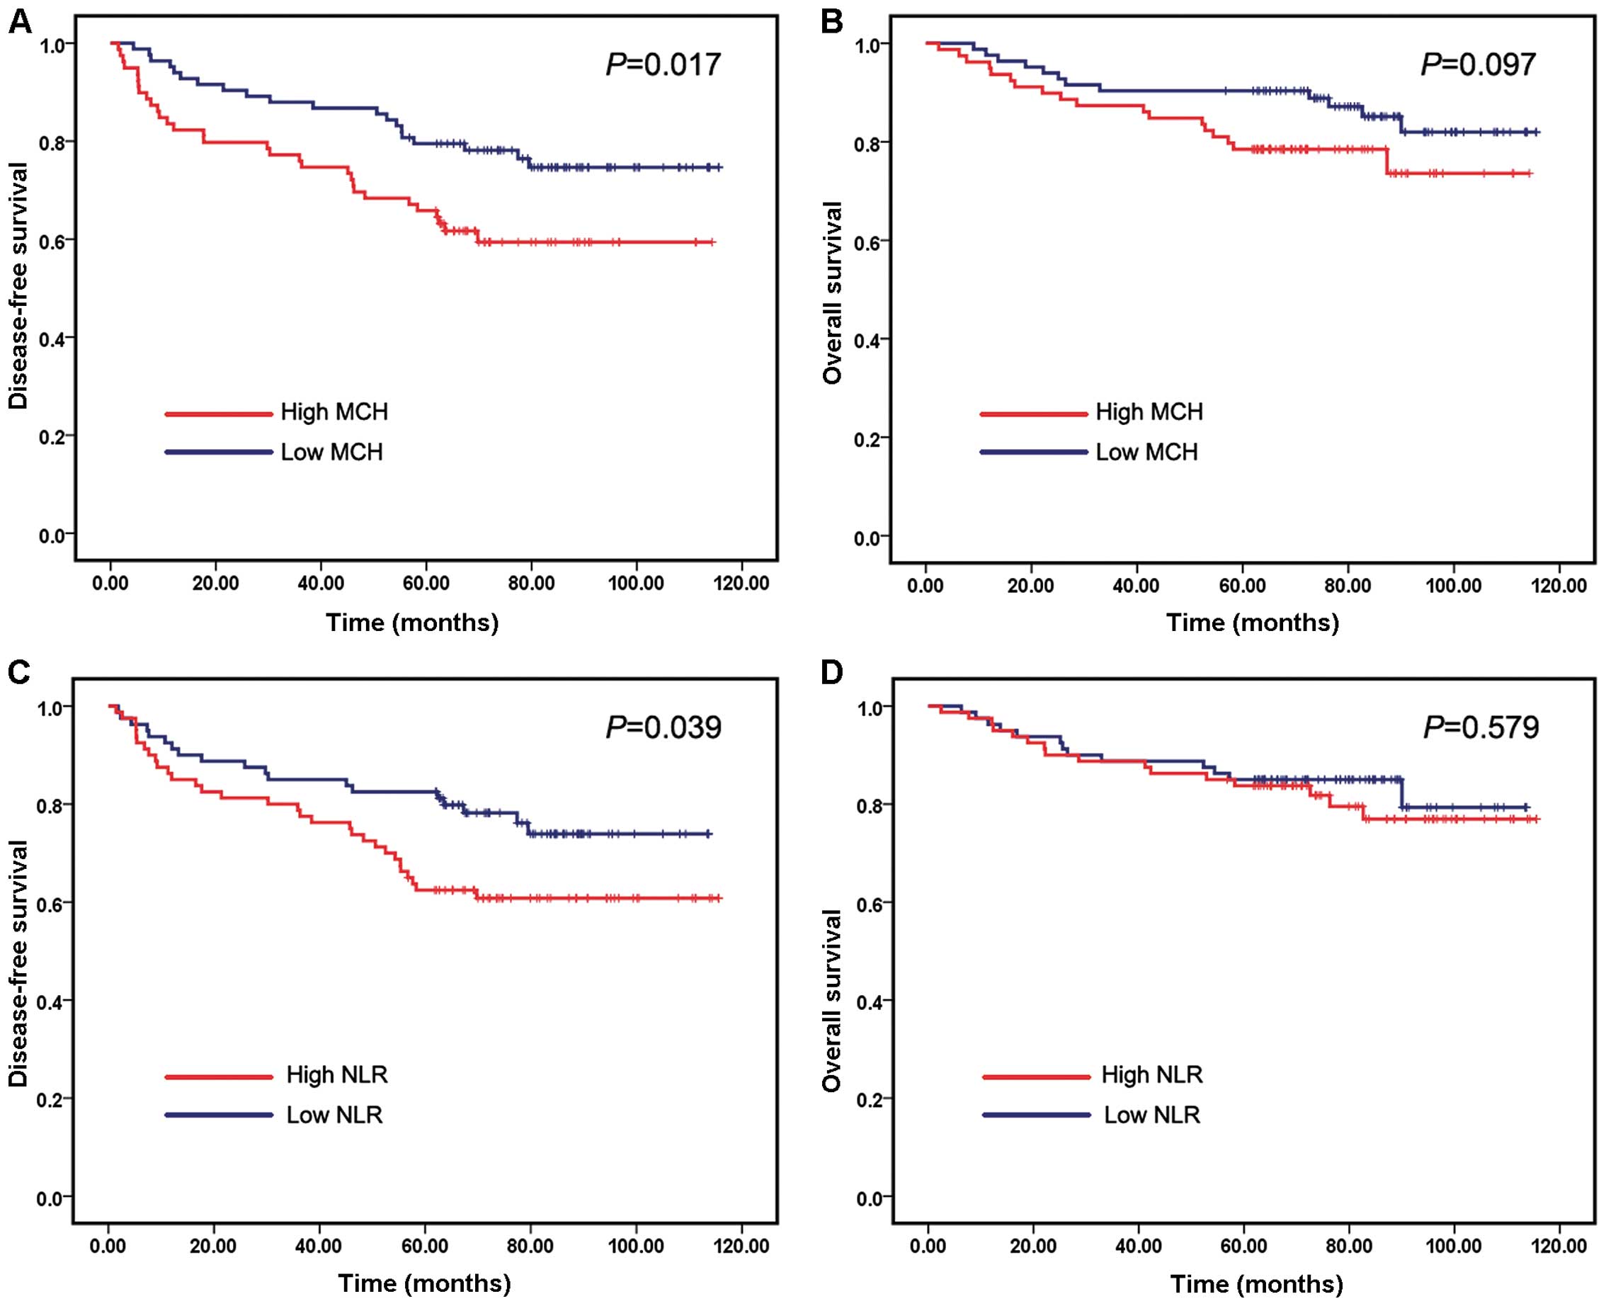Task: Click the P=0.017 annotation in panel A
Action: click(x=663, y=64)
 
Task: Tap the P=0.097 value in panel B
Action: click(x=1478, y=64)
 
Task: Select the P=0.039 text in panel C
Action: click(x=663, y=727)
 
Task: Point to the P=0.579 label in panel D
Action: click(x=1481, y=727)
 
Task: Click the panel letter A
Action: click(x=20, y=23)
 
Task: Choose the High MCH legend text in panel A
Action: click(x=334, y=412)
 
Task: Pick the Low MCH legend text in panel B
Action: click(x=1146, y=452)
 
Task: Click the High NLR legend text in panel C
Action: click(x=337, y=1075)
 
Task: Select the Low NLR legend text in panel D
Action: click(x=1151, y=1115)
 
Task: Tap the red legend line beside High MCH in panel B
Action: click(x=1034, y=414)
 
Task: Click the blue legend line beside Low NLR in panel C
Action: click(x=219, y=1115)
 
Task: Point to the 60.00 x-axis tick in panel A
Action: click(x=426, y=584)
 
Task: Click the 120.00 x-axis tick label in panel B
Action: click(x=1559, y=585)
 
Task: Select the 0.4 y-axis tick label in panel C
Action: click(x=50, y=1001)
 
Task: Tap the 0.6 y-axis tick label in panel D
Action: click(x=870, y=903)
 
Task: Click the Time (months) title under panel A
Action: click(x=412, y=623)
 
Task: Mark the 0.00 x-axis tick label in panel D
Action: click(x=928, y=1247)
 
